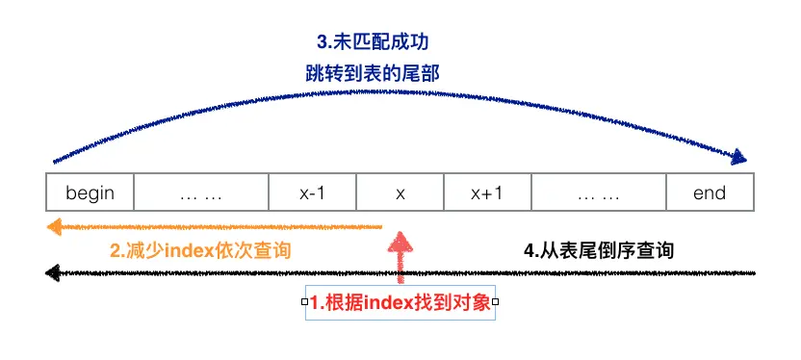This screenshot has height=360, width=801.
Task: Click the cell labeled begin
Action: click(90, 193)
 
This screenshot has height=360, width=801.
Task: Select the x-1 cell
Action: click(312, 193)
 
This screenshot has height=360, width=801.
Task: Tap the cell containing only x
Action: click(400, 193)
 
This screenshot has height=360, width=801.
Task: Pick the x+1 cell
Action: click(486, 193)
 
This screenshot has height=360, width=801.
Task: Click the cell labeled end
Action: click(710, 193)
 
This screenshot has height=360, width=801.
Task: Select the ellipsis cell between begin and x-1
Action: click(201, 193)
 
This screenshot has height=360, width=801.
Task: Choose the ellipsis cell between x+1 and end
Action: click(598, 193)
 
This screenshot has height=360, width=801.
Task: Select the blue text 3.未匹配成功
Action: click(371, 43)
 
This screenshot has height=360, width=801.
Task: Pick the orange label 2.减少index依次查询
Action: click(200, 251)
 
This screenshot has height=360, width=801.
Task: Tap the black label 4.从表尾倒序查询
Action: click(598, 250)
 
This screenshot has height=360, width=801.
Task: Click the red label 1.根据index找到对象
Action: click(400, 302)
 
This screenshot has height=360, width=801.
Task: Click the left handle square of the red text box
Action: click(305, 302)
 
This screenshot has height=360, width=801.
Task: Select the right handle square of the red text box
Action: click(495, 302)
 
